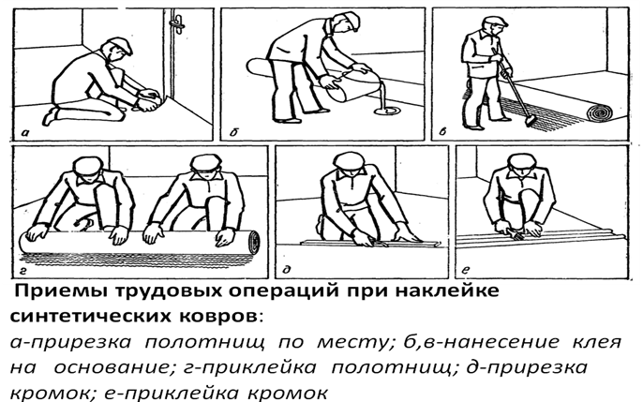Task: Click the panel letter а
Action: coord(25,133)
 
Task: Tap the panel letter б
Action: coord(233,132)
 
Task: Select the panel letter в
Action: coord(442,131)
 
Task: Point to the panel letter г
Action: coord(23,270)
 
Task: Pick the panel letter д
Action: coord(287,269)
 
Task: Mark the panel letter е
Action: coord(466,270)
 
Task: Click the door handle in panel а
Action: coord(177,22)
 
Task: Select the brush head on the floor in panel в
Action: coord(530,120)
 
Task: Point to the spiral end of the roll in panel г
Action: coord(254,241)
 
